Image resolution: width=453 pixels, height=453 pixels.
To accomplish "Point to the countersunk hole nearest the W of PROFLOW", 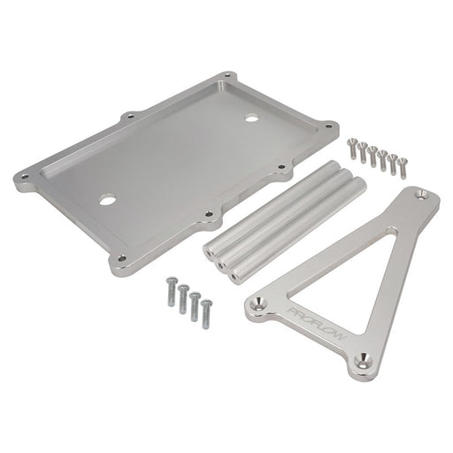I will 364,360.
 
